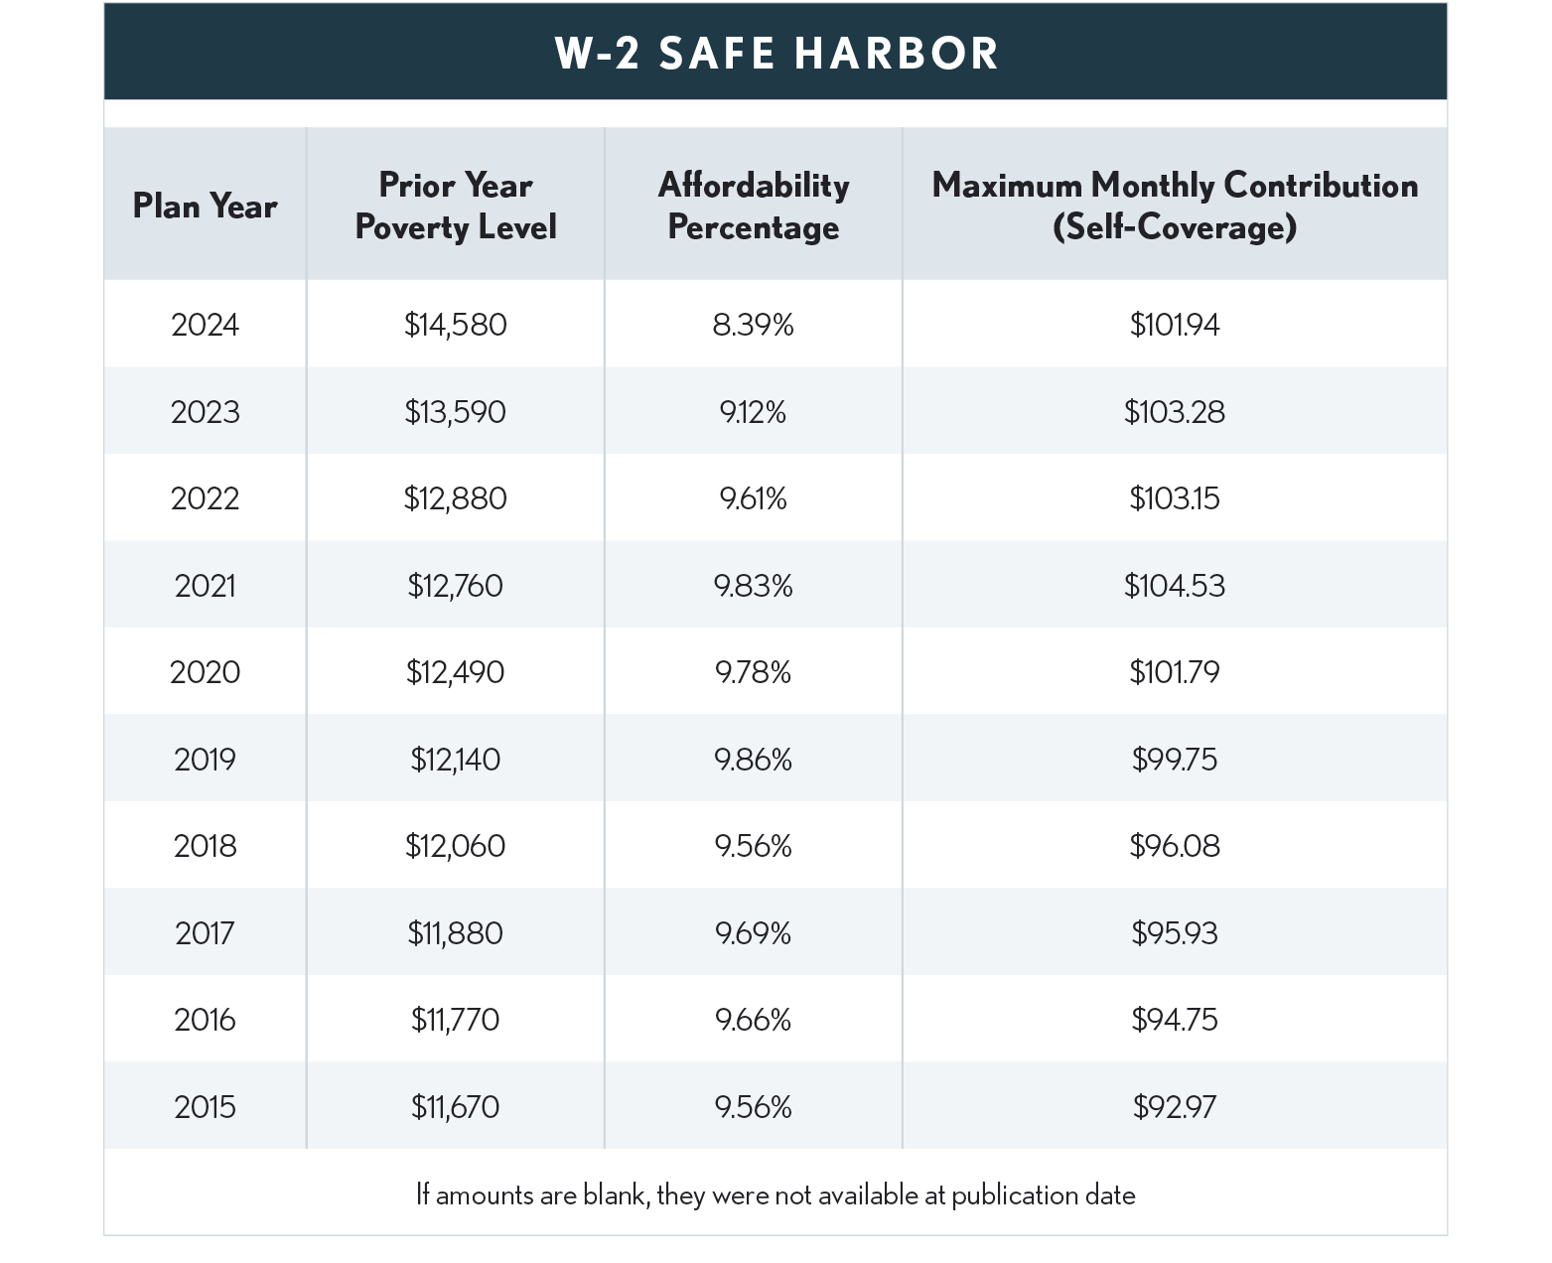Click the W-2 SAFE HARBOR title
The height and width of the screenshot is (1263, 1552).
(x=776, y=54)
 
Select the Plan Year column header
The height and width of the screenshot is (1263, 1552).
(x=205, y=206)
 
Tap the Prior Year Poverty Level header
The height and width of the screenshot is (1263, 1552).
(x=455, y=206)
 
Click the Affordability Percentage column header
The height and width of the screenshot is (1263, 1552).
(x=753, y=206)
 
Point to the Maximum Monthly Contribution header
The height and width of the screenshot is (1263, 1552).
(x=1174, y=206)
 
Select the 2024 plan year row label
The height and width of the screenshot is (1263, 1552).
(x=205, y=325)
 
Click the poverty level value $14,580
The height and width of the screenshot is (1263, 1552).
(x=455, y=325)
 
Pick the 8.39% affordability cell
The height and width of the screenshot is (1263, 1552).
(x=753, y=325)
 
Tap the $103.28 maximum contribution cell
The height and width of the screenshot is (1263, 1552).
(x=1174, y=411)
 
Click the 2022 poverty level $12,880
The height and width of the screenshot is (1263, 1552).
(x=455, y=497)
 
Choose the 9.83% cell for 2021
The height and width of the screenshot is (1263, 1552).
(x=753, y=586)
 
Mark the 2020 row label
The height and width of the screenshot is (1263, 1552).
(x=205, y=672)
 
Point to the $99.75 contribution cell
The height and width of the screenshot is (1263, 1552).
(x=1174, y=760)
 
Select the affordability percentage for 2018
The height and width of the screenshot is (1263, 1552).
(x=753, y=846)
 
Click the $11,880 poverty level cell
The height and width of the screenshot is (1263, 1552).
(x=455, y=933)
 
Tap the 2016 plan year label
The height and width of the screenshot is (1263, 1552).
(x=205, y=1020)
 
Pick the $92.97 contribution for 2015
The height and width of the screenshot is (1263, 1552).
(x=1174, y=1106)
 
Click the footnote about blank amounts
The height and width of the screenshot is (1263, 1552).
(x=776, y=1194)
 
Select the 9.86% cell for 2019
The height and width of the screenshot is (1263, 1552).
(x=753, y=760)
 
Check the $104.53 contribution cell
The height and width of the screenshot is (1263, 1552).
(x=1174, y=586)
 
